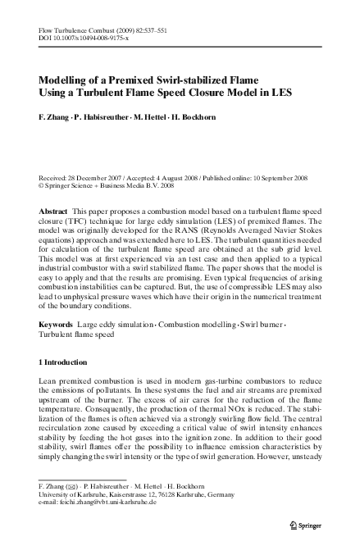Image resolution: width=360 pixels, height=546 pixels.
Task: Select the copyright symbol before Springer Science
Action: (x=42, y=185)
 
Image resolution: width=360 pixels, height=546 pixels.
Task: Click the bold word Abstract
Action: (x=53, y=212)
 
